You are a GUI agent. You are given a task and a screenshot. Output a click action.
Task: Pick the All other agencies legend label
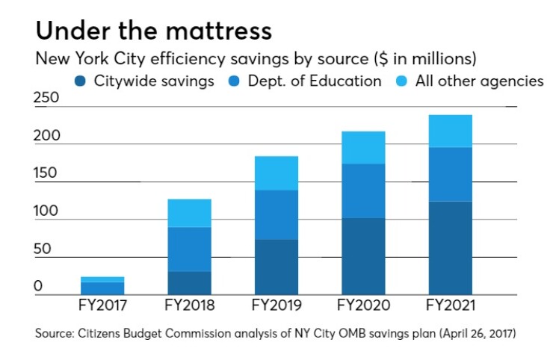coord(481,81)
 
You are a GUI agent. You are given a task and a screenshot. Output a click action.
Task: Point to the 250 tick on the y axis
coord(46,99)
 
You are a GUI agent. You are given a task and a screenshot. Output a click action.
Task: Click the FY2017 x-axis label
coord(102,306)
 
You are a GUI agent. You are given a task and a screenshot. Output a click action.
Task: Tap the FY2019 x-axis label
coord(276,306)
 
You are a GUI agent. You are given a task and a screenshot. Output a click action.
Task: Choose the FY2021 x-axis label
coord(450,306)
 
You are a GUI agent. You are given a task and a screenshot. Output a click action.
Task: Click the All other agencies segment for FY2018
coord(189,213)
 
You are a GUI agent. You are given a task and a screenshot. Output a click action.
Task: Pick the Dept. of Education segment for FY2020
coord(363,190)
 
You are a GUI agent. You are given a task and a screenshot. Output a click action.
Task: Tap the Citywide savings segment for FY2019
coord(276,267)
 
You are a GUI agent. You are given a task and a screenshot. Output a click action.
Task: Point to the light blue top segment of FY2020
coord(363,147)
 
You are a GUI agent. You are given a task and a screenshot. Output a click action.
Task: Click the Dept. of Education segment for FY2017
coord(102,288)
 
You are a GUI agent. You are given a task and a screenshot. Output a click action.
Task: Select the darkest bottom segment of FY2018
coord(189,282)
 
